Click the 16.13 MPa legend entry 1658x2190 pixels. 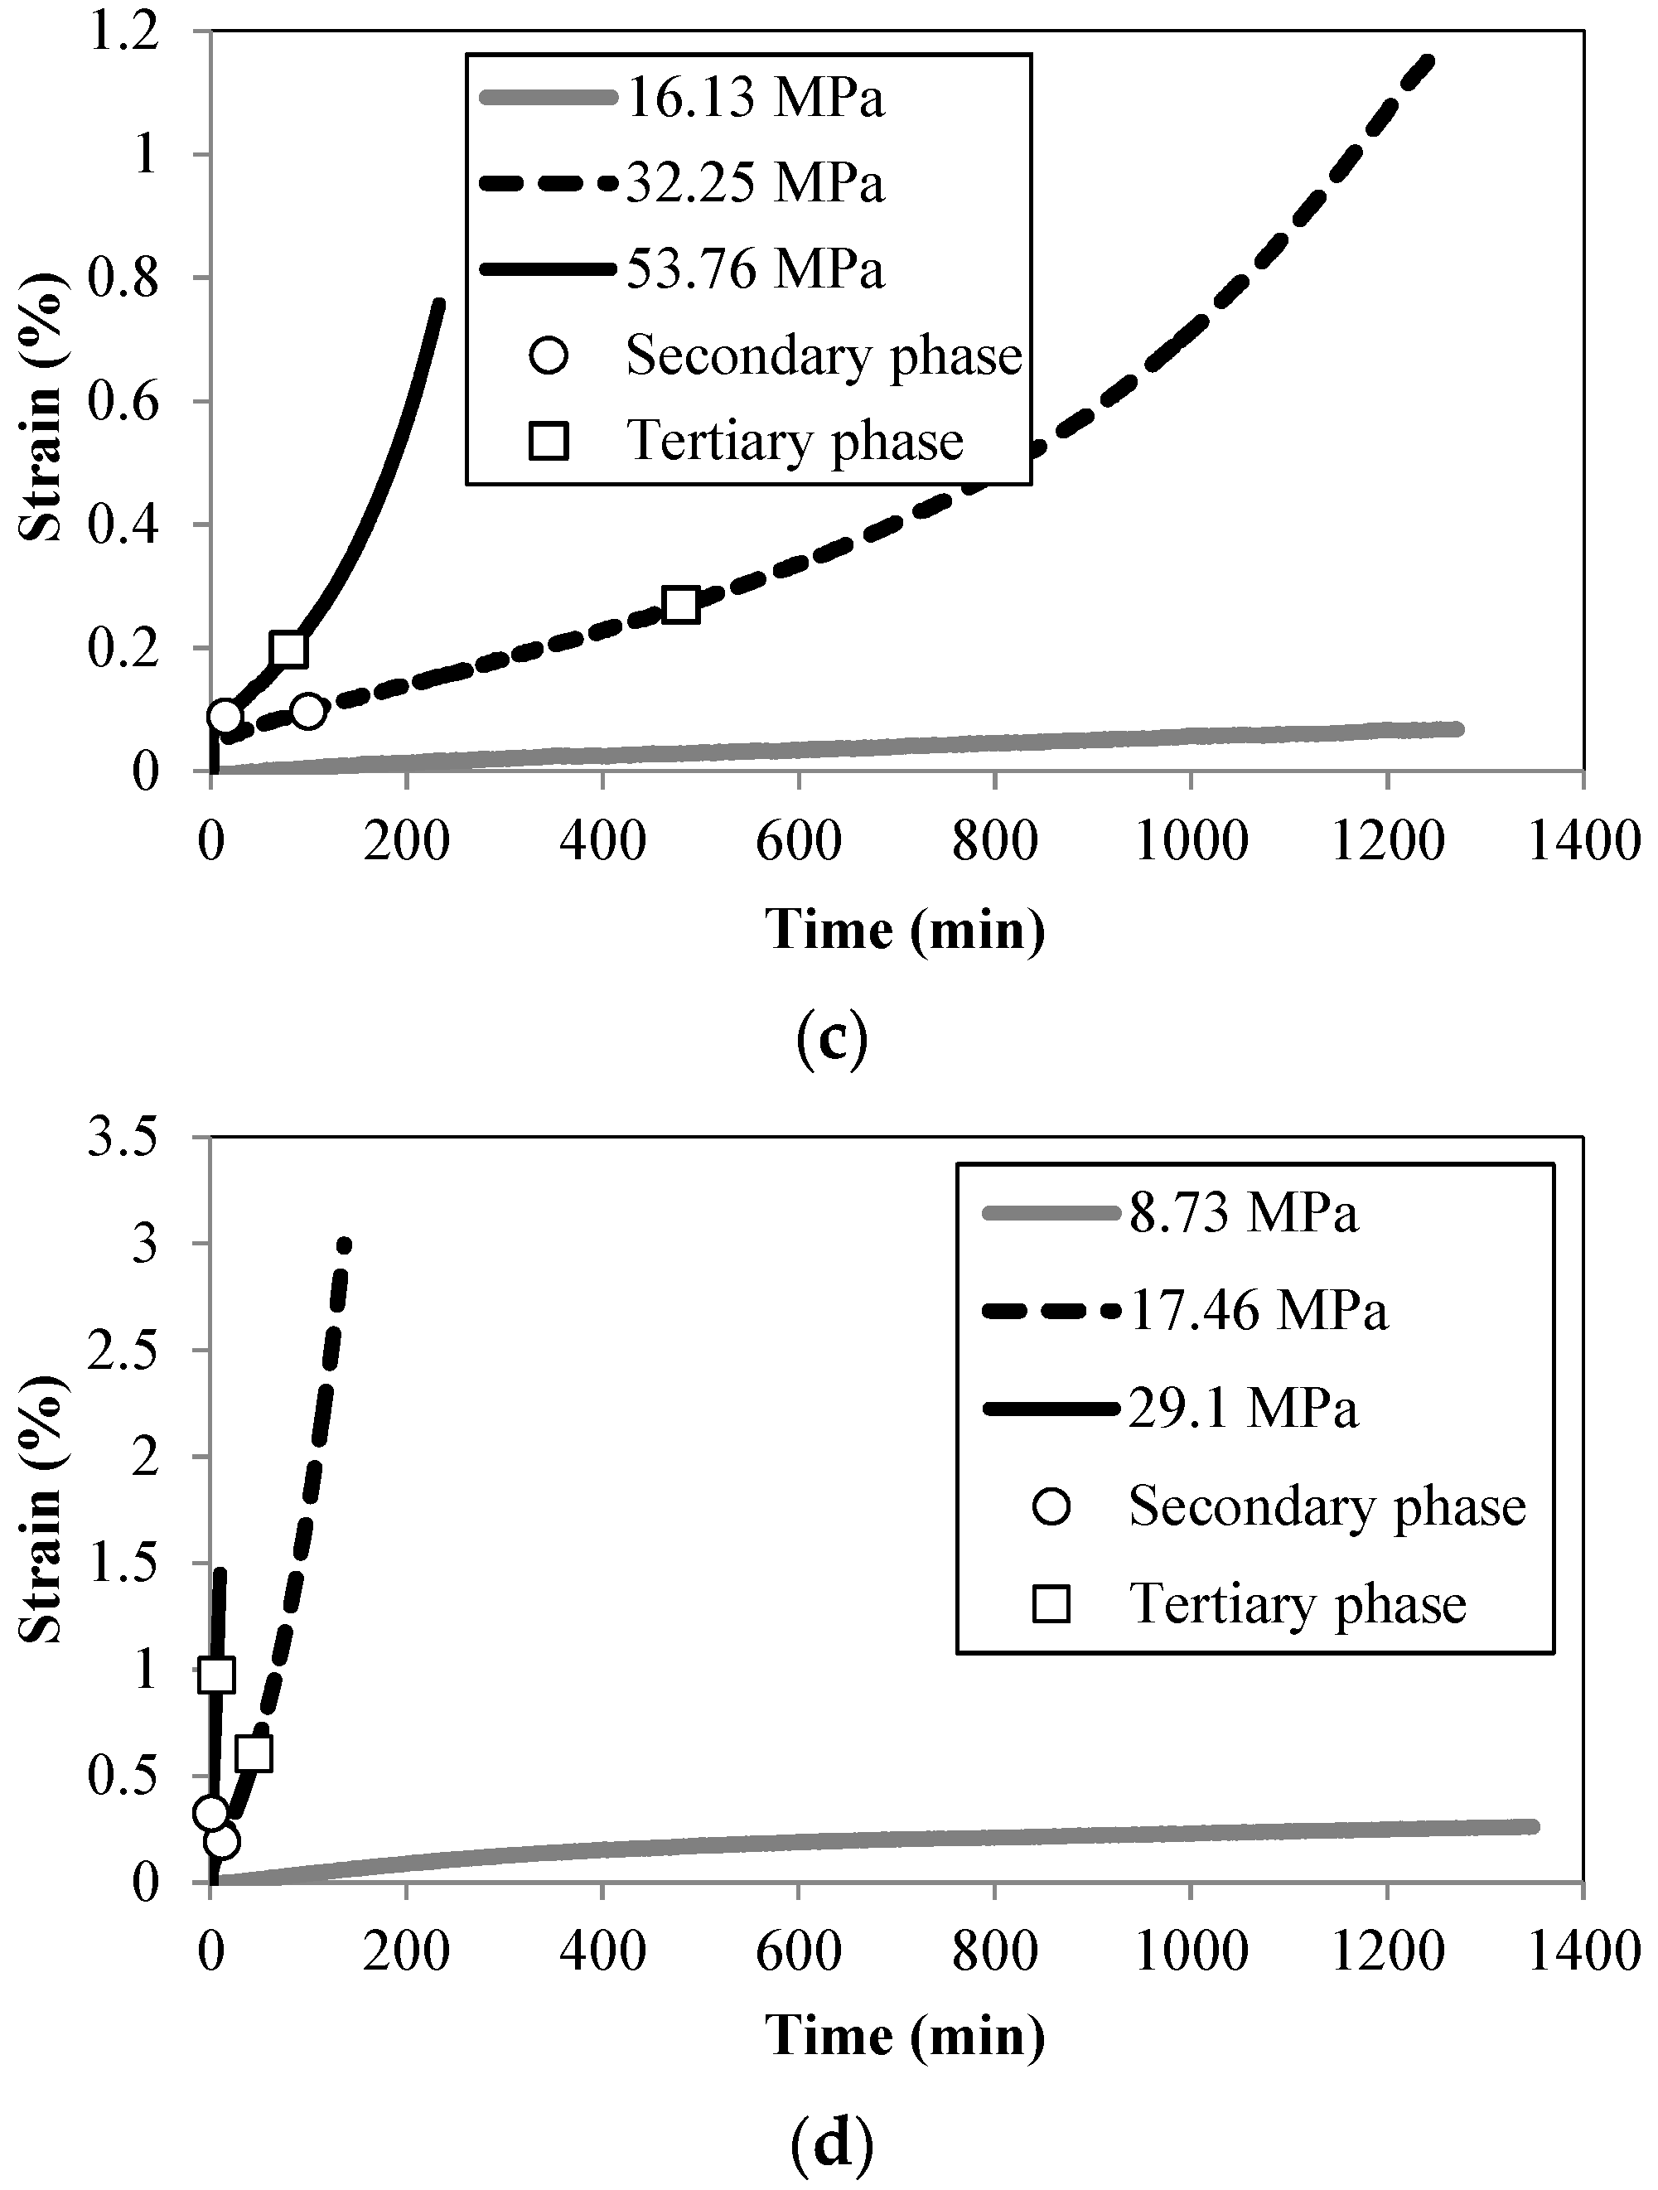(x=754, y=99)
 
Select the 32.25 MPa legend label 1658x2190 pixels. (x=754, y=184)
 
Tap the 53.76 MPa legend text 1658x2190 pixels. (x=754, y=269)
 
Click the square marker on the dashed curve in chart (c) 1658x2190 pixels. (x=682, y=605)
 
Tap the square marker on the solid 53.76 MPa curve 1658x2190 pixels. (x=288, y=650)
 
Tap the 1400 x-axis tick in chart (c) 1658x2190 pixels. (x=1583, y=842)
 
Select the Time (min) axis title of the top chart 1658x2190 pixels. (x=905, y=931)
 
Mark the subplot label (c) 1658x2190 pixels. (x=831, y=1037)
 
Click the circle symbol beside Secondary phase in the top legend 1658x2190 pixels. (x=549, y=355)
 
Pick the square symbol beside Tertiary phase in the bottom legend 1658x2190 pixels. (x=1051, y=1604)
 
